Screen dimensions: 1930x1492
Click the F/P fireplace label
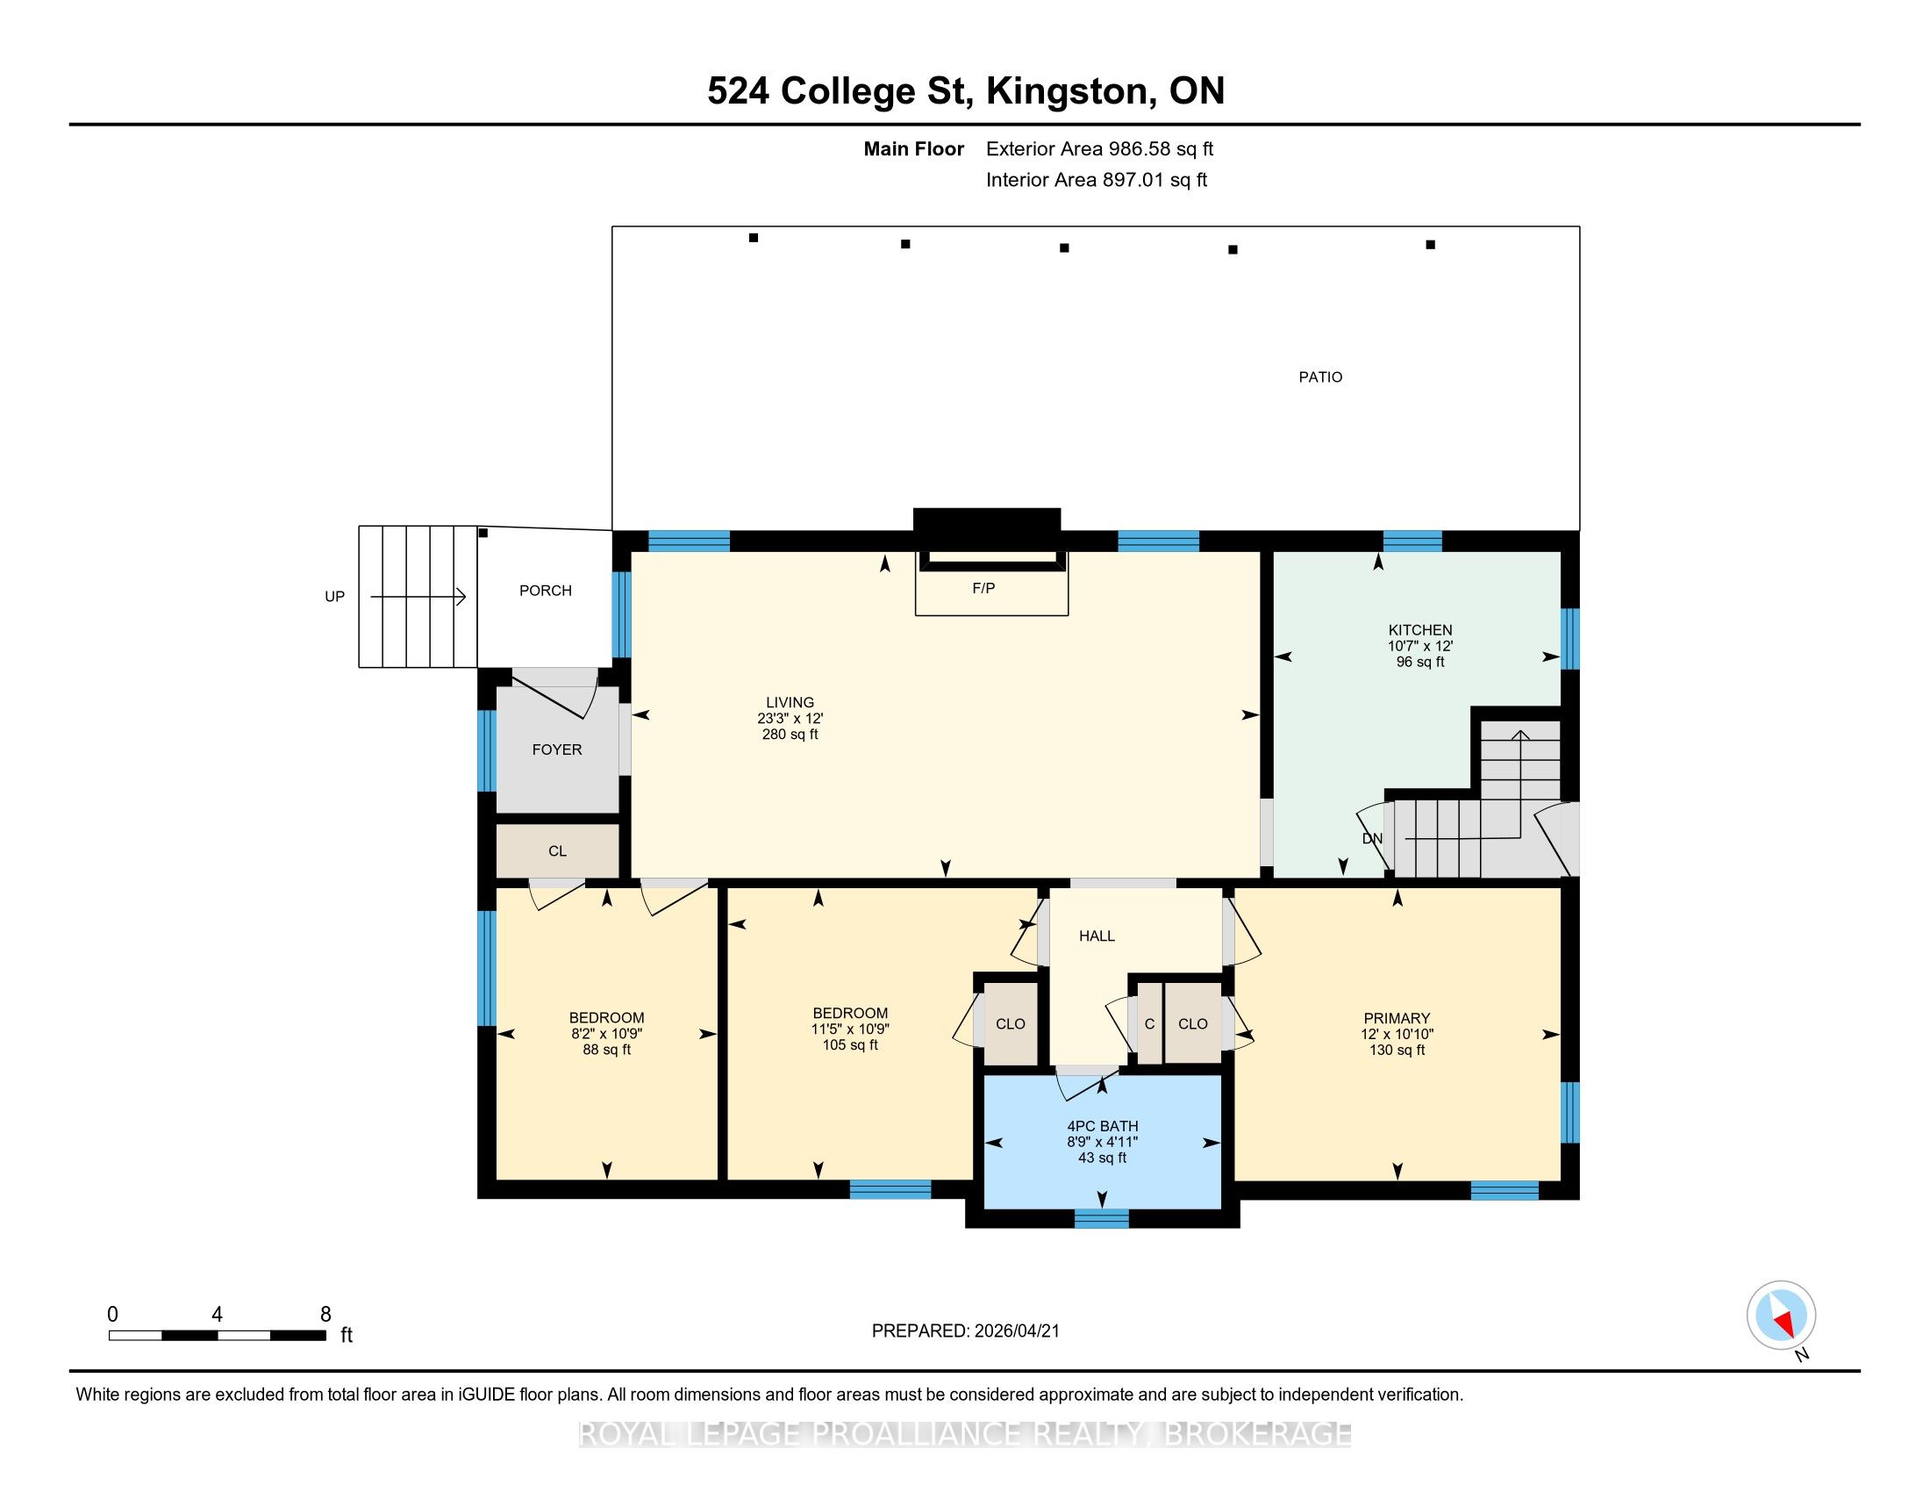coord(983,588)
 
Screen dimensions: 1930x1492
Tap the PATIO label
coord(1320,377)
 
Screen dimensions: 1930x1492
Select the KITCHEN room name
coord(1420,630)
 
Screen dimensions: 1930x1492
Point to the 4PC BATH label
coord(1102,1126)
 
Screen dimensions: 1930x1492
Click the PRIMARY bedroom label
coord(1397,1018)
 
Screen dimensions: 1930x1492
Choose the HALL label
coord(1097,936)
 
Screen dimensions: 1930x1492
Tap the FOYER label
coord(557,750)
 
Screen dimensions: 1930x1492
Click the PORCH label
coord(546,591)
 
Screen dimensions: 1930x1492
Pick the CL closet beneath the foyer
coord(557,851)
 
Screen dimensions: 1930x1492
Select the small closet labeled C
coord(1149,1023)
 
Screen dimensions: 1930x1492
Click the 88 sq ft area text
coord(607,1050)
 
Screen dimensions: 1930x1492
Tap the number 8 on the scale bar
coord(325,1314)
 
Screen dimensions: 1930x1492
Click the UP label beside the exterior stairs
coord(334,597)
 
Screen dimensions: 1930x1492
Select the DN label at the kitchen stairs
coord(1371,839)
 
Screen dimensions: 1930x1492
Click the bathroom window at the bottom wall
coord(1101,1219)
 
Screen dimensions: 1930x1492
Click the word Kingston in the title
coord(1069,91)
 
